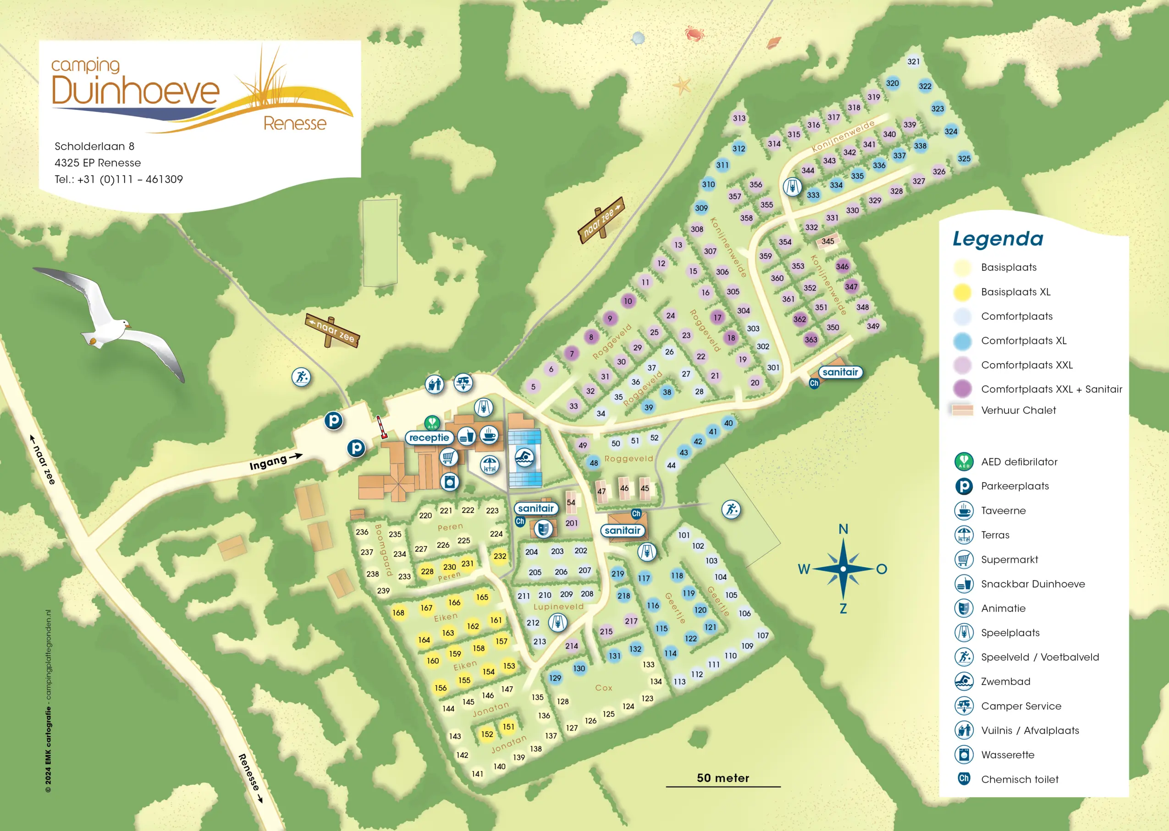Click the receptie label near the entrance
[x=429, y=437]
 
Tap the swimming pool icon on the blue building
[x=524, y=457]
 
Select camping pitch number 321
[x=914, y=61]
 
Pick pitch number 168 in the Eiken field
[x=398, y=612]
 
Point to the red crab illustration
[x=695, y=34]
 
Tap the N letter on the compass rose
[x=844, y=529]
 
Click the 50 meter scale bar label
[x=722, y=778]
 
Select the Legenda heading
[x=998, y=239]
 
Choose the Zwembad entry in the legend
[x=1005, y=682]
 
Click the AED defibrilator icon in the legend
[x=964, y=462]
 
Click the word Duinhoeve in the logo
[x=136, y=91]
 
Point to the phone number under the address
[x=119, y=180]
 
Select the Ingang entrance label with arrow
[x=275, y=461]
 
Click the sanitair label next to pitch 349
[x=840, y=372]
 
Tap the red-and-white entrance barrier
[x=381, y=427]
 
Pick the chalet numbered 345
[x=827, y=241]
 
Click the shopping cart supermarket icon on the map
[x=448, y=456]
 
